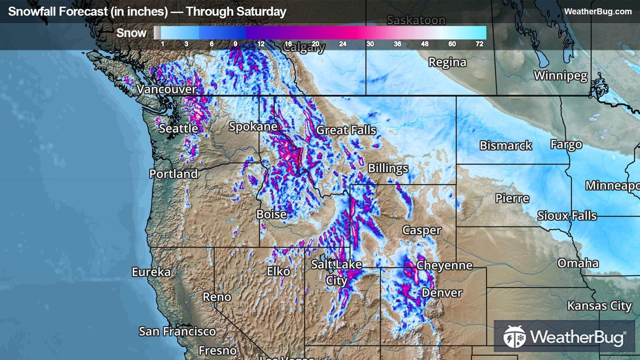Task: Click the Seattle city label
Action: click(178, 128)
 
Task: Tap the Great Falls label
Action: click(346, 130)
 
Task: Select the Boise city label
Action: click(271, 214)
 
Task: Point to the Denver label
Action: click(442, 293)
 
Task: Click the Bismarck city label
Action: click(506, 145)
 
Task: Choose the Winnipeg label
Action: click(560, 76)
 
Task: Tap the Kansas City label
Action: click(599, 306)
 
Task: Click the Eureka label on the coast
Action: click(151, 272)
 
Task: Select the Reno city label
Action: click(217, 296)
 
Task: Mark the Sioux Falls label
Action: click(567, 215)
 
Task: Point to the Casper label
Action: click(422, 230)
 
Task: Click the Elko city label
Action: click(278, 271)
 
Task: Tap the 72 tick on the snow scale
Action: click(479, 44)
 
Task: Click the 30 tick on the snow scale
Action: click(370, 44)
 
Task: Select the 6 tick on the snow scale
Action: click(212, 44)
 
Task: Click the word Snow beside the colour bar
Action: click(131, 33)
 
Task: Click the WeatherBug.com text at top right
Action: click(598, 12)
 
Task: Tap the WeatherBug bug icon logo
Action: click(515, 337)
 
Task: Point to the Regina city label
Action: click(447, 62)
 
